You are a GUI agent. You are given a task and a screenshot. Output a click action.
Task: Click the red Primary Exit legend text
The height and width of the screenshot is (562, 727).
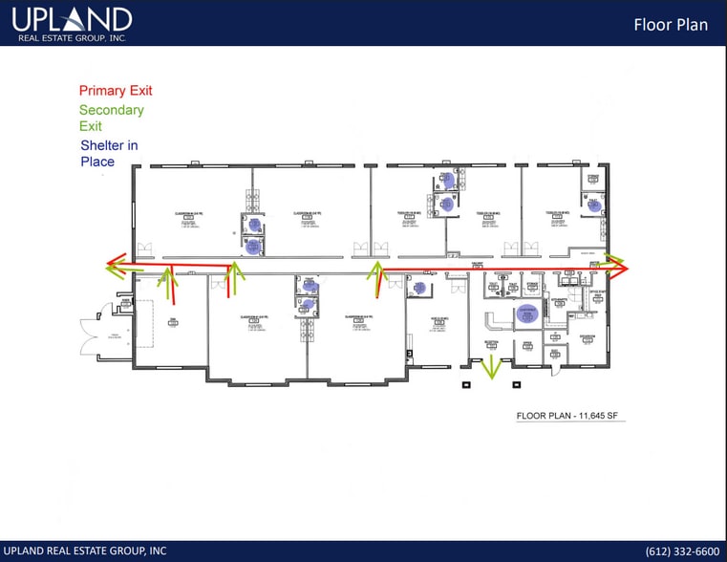[x=116, y=91]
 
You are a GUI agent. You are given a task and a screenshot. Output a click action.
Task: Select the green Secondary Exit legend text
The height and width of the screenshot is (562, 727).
[x=112, y=118]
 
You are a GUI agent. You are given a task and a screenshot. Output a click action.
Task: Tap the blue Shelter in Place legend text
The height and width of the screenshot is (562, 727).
[x=110, y=153]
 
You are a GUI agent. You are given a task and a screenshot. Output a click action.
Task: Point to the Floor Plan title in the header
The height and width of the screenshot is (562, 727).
[x=671, y=24]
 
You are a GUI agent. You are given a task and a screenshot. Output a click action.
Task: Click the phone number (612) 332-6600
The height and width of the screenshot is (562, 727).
[x=682, y=551]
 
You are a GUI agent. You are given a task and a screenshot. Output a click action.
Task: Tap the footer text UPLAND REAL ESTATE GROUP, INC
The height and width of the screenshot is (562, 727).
[x=84, y=551]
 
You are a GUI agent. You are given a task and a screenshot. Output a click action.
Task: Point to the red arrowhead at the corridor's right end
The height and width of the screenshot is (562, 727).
[x=622, y=271]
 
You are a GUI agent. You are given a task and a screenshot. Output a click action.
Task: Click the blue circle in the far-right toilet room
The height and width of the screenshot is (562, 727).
[x=593, y=205]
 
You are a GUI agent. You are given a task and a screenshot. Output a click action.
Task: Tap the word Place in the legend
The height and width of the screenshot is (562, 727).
[x=97, y=162]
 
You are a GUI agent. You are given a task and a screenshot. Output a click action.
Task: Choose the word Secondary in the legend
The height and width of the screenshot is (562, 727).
[x=112, y=110]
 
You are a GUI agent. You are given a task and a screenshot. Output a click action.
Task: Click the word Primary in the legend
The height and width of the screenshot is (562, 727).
[x=101, y=91]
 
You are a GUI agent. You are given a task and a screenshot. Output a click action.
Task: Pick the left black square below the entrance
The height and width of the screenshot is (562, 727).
[x=466, y=384]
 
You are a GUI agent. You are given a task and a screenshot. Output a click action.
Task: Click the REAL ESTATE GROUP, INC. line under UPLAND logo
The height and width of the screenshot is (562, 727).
[x=72, y=38]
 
